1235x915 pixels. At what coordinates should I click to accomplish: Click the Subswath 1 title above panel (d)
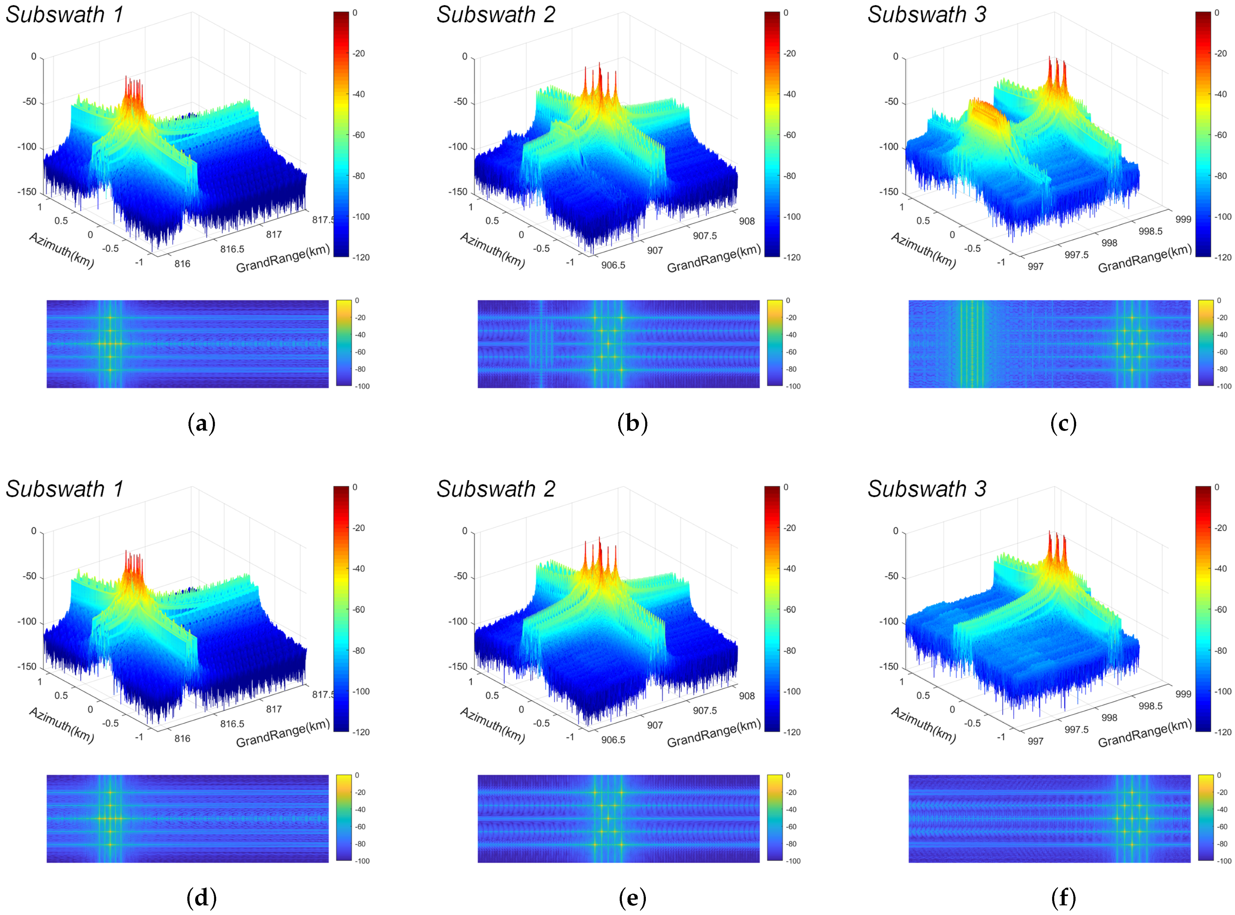pos(64,489)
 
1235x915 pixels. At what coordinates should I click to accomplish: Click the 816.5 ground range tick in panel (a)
pos(232,249)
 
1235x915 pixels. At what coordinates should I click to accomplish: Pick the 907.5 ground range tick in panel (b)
pos(705,236)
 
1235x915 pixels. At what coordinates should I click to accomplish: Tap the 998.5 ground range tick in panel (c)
pos(1150,231)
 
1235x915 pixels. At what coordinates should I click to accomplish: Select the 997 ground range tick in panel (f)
pos(1035,741)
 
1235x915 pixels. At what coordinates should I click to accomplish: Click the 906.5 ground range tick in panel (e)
pos(613,740)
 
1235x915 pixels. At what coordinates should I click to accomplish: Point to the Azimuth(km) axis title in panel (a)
pos(61,250)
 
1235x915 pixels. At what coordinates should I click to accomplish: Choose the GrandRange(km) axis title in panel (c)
pos(1144,258)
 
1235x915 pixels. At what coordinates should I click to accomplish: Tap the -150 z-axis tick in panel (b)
pos(458,192)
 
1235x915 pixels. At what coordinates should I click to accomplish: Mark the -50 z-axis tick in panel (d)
pos(29,577)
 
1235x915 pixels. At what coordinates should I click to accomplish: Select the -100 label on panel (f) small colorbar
pos(1224,861)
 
